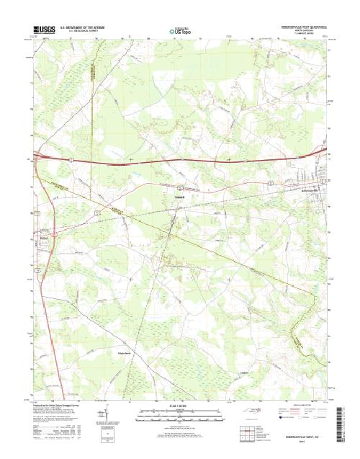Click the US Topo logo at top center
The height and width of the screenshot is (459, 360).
pyautogui.click(x=179, y=31)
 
